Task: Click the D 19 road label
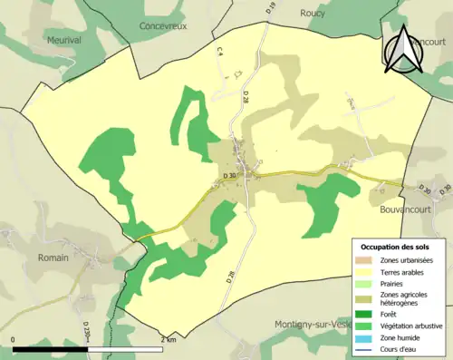click(x=271, y=10)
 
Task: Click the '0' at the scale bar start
click(x=14, y=339)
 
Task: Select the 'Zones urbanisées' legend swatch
click(x=367, y=260)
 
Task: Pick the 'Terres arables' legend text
click(x=405, y=271)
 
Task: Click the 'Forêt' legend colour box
click(x=367, y=315)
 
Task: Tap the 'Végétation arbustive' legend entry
click(x=410, y=326)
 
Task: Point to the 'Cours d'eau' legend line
click(x=367, y=348)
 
